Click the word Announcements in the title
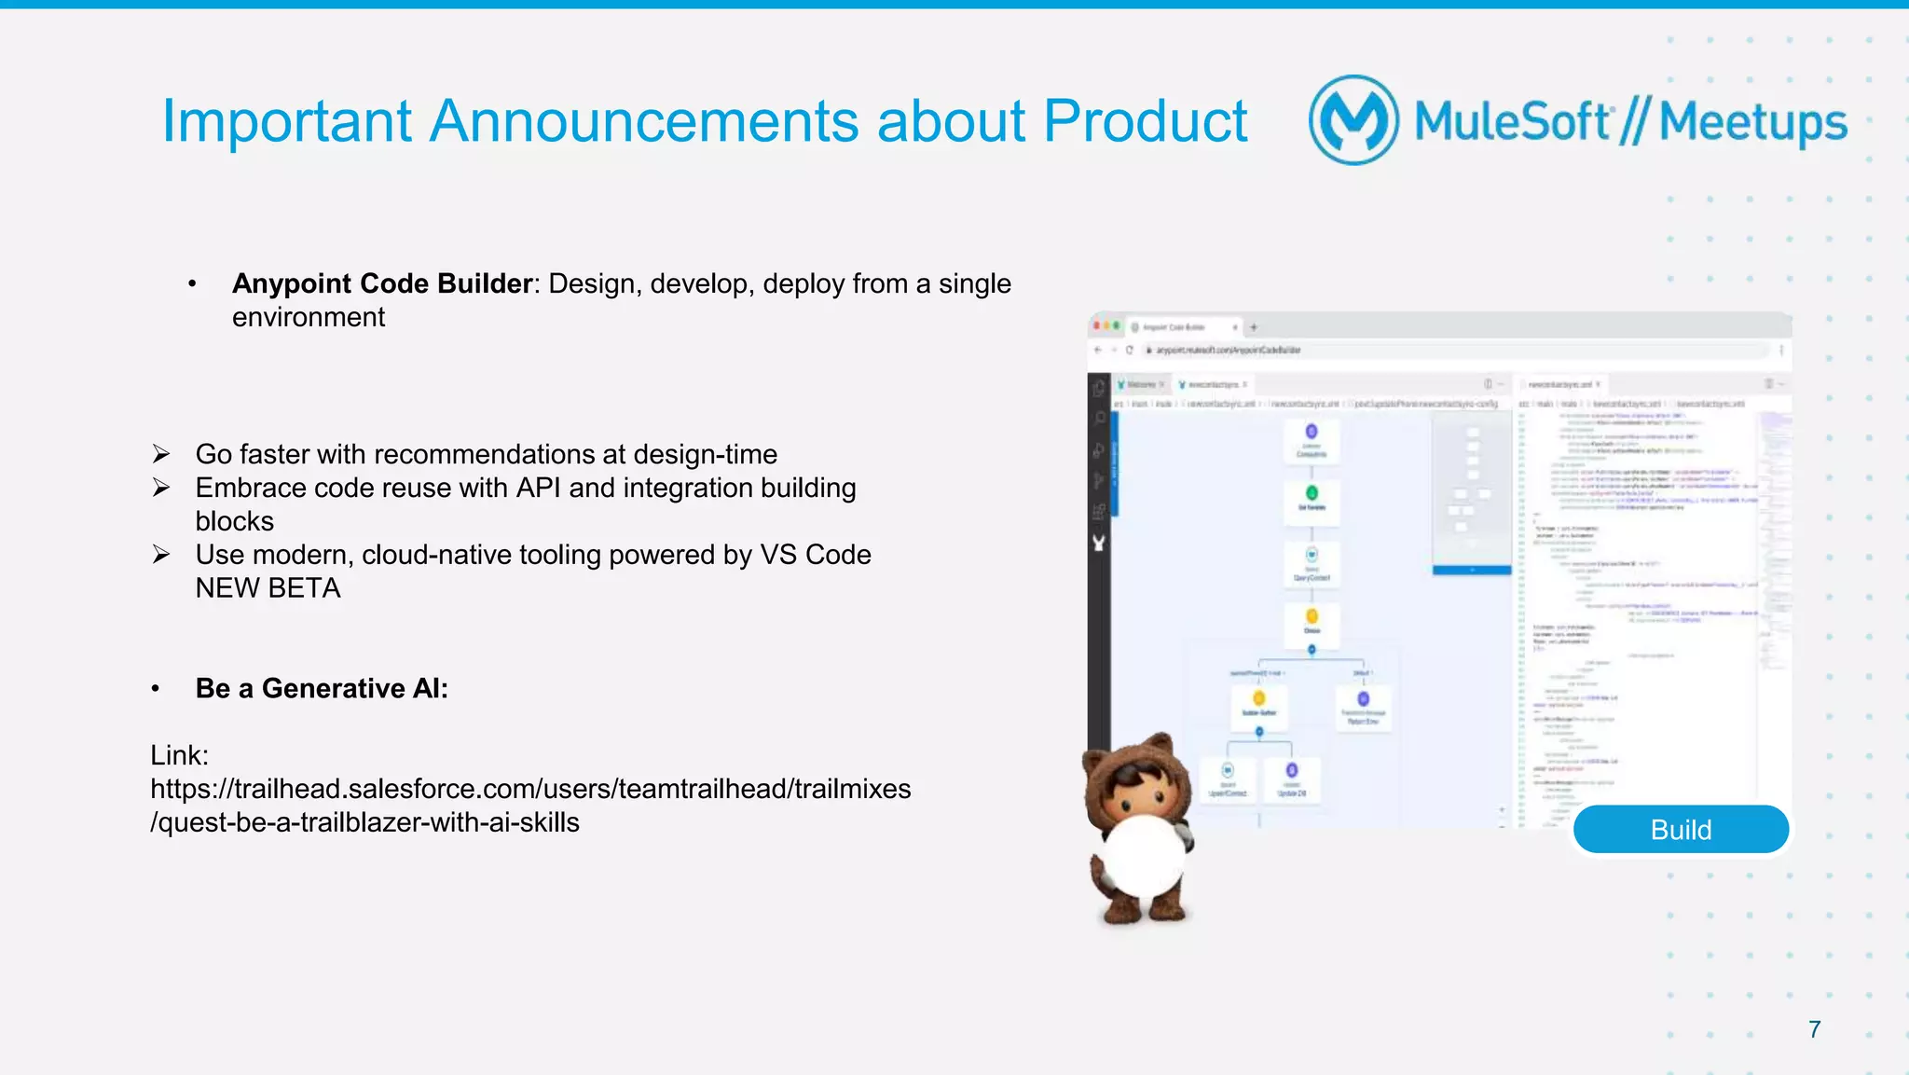tap(643, 121)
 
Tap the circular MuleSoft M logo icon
tap(1353, 120)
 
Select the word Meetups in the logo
tap(1752, 122)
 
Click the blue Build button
tap(1681, 829)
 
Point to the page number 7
tap(1814, 1029)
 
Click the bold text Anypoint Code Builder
tap(382, 283)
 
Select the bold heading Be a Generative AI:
tap(322, 688)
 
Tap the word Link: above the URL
tap(179, 755)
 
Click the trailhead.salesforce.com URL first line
tap(530, 789)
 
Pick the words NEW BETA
tap(268, 588)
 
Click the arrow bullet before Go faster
tap(161, 454)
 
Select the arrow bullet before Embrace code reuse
tap(161, 488)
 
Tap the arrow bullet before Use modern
tap(161, 555)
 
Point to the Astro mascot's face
tap(1138, 788)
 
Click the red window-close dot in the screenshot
tap(1097, 326)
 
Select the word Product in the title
tap(1145, 121)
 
